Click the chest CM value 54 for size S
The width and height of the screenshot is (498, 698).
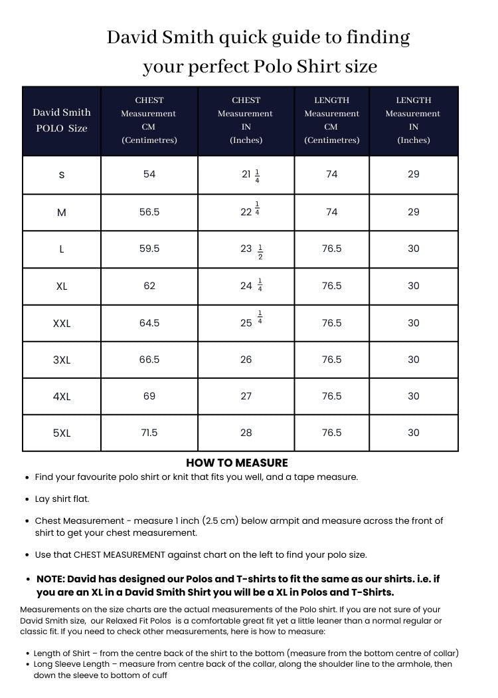pyautogui.click(x=149, y=174)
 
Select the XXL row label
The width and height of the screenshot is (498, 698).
pyautogui.click(x=62, y=324)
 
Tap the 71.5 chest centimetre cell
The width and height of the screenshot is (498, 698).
pyautogui.click(x=149, y=433)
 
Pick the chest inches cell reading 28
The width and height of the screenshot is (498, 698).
pyautogui.click(x=246, y=433)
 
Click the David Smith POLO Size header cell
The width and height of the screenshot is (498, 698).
pyautogui.click(x=62, y=120)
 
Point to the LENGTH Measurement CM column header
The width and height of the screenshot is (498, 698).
pyautogui.click(x=331, y=120)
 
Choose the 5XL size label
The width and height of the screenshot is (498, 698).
pyautogui.click(x=62, y=433)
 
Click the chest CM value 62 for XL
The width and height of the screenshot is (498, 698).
pyautogui.click(x=149, y=286)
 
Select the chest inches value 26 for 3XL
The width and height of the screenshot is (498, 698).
pyautogui.click(x=246, y=360)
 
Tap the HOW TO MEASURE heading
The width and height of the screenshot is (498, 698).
pyautogui.click(x=237, y=463)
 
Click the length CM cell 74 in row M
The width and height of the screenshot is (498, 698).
pyautogui.click(x=331, y=212)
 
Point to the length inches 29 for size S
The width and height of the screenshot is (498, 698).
pyautogui.click(x=414, y=174)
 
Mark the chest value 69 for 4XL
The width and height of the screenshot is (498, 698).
pyautogui.click(x=149, y=396)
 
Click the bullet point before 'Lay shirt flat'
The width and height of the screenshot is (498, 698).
pyautogui.click(x=27, y=499)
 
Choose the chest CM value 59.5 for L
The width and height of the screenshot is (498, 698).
pyautogui.click(x=149, y=249)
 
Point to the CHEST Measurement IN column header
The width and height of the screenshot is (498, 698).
pyautogui.click(x=246, y=120)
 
